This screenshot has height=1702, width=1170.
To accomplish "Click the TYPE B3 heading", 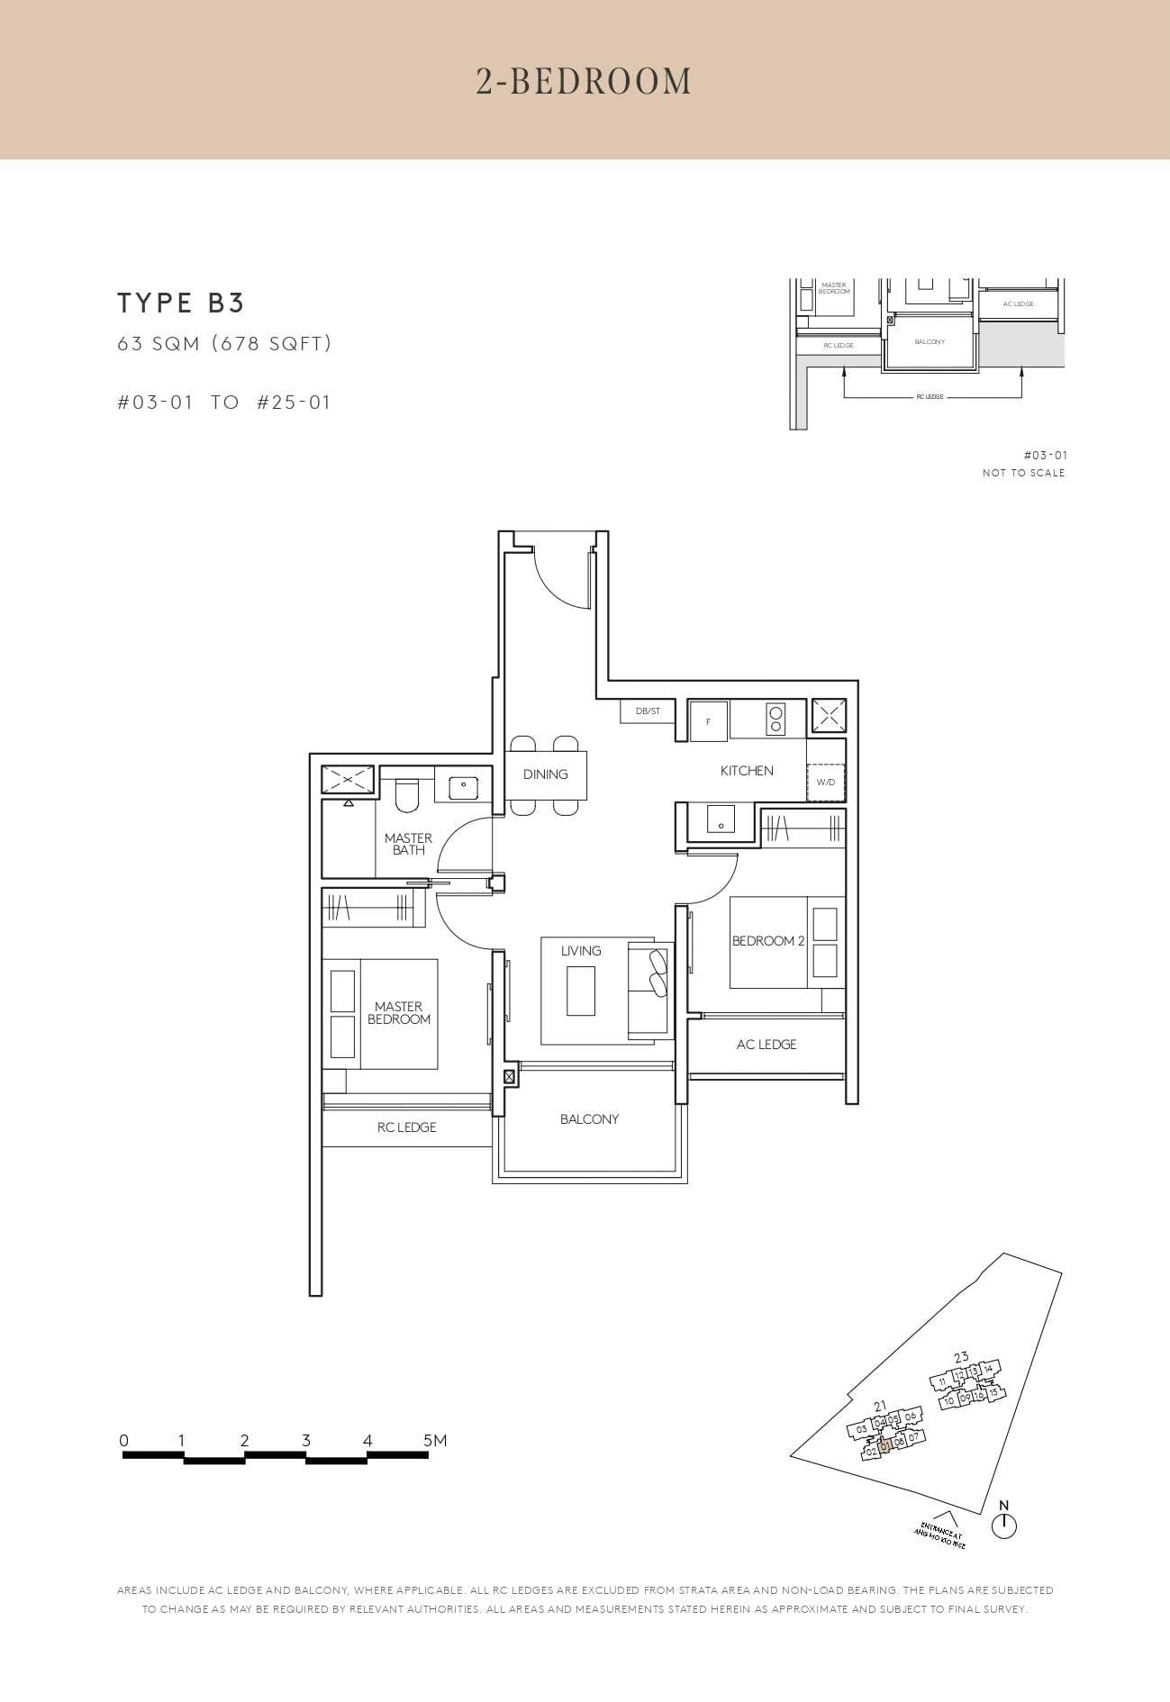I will (181, 303).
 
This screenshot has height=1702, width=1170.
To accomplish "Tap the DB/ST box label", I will (648, 711).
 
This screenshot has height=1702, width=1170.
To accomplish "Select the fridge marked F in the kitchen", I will (708, 721).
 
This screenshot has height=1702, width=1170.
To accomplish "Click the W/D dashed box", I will (826, 782).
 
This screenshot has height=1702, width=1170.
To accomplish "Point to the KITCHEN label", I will (747, 771).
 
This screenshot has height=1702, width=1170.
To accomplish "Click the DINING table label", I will (545, 774).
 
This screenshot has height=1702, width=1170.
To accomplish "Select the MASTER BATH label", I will (408, 844).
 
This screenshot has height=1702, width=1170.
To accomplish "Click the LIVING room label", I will (581, 951).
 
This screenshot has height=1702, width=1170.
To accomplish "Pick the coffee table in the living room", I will (581, 991).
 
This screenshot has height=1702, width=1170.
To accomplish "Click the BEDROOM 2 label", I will (768, 941).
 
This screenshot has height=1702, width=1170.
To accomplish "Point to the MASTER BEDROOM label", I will (399, 1013).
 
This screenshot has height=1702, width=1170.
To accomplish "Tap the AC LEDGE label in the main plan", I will (766, 1045).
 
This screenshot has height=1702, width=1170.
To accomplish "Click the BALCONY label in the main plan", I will (589, 1119).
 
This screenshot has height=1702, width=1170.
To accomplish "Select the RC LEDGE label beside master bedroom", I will (406, 1127).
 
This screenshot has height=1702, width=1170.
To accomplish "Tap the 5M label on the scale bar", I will (435, 1441).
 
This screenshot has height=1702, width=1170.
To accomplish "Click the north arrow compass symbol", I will (1003, 1525).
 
